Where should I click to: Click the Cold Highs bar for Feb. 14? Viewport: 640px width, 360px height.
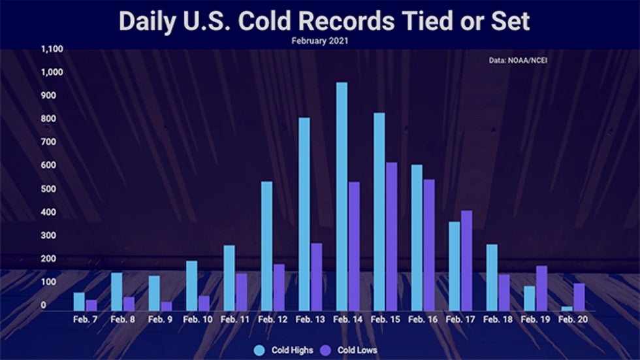click(342, 196)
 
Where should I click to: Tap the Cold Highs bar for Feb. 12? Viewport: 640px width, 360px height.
click(266, 246)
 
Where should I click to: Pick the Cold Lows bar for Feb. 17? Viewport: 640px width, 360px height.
click(466, 260)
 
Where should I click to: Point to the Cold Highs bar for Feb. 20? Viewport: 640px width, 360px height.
click(567, 308)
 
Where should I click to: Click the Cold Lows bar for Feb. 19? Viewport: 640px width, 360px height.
click(541, 287)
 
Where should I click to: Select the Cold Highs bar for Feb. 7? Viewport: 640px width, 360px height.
click(79, 301)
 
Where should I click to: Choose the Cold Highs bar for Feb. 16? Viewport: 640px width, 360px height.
click(417, 237)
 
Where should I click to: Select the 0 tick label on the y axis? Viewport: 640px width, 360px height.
click(44, 305)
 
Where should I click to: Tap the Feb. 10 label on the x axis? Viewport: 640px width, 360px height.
click(198, 319)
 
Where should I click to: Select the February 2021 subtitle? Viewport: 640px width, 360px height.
click(320, 41)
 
